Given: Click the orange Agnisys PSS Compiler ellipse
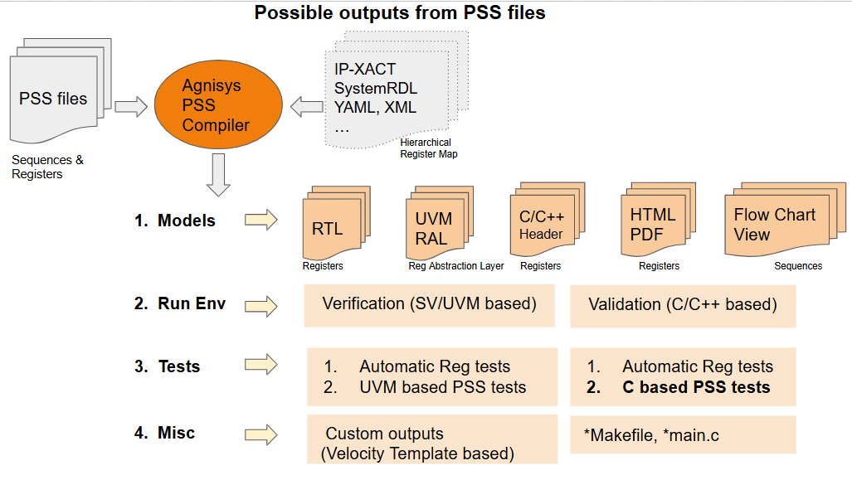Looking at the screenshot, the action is pos(218,104).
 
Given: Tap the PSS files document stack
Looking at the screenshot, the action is pos(61,90).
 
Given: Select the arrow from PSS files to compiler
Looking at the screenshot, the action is pos(131,106).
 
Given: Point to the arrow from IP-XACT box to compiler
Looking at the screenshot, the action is pos(307,106).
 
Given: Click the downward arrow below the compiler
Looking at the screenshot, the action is pos(218,175).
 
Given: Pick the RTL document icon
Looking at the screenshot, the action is pos(336,223).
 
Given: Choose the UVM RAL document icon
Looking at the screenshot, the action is pos(440,223).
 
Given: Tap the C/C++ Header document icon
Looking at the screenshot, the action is pos(548,220).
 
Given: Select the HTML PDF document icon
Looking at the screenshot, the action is pos(659,220).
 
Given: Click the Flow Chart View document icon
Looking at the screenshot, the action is pos(785,220).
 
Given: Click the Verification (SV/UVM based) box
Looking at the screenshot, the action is pos(429,306).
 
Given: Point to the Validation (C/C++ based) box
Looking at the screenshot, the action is pos(683,307).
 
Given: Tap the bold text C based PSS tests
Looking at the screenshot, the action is pos(697,387).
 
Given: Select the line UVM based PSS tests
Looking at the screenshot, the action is pos(425,387).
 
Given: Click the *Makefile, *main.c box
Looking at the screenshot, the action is pos(683,435).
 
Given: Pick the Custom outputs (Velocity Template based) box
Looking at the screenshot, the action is pos(432,439).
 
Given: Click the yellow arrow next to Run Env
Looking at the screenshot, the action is pos(261,306).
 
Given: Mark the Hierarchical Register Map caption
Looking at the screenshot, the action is pos(429,148).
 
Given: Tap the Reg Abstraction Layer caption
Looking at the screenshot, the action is pos(456,266).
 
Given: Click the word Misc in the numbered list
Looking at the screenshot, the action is pos(176,433).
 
